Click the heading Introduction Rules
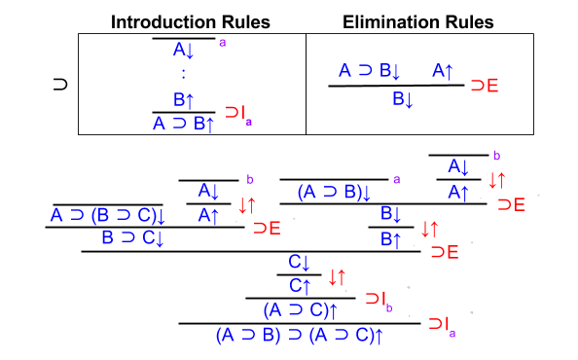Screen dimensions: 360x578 coord(192,21)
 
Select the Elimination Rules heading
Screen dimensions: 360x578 coord(420,21)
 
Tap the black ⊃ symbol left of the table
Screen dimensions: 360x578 coord(59,85)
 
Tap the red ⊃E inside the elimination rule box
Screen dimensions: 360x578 coord(484,87)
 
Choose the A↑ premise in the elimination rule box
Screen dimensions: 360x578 coord(443,70)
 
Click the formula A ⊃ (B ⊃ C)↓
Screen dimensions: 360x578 coord(109,215)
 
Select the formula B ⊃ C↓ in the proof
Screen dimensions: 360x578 coord(132,238)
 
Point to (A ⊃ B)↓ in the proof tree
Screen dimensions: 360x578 coord(334,193)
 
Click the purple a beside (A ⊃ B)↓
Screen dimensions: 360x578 coord(397,179)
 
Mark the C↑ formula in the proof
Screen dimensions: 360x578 coord(299,285)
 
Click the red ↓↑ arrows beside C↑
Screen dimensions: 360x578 coord(338,277)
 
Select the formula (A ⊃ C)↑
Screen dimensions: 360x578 coord(301,310)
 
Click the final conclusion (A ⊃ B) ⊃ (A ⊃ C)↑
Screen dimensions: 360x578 coord(299,336)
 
